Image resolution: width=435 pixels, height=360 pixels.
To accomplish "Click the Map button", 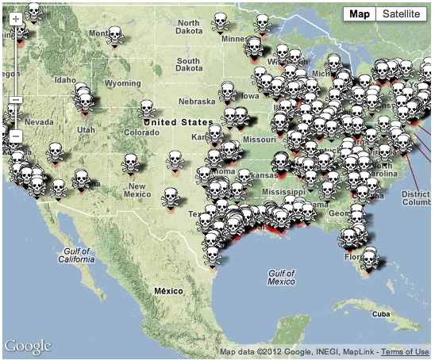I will click(x=360, y=13).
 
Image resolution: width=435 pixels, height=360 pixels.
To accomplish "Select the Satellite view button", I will click(x=399, y=13).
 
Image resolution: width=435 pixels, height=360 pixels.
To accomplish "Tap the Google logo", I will click(x=28, y=347).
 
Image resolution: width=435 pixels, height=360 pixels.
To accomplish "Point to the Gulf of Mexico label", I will click(x=281, y=277).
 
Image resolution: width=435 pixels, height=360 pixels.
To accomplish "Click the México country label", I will click(x=168, y=291).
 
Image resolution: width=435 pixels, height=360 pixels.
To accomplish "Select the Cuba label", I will click(x=383, y=314).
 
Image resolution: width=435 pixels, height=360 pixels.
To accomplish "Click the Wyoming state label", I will click(x=122, y=83).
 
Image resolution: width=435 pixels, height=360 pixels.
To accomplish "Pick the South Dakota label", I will click(x=189, y=66).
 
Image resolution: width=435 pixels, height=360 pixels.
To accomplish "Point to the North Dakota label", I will click(x=189, y=27).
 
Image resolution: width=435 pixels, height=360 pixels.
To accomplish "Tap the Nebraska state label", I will click(x=197, y=101).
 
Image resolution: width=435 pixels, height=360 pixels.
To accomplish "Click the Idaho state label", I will click(x=65, y=80).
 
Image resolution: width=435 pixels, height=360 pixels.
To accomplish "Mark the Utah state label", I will click(x=86, y=129).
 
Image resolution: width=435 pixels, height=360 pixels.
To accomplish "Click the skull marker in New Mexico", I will click(x=130, y=163).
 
